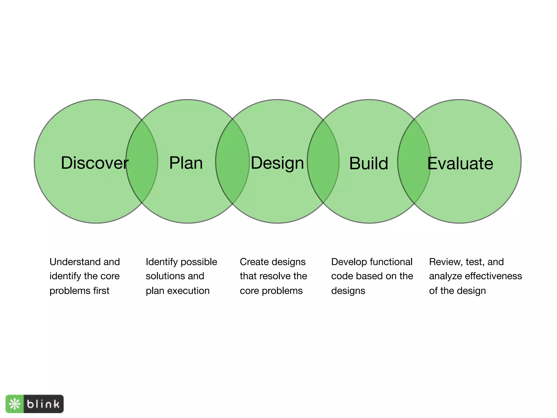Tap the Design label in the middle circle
tap(277, 163)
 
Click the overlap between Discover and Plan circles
tap(142, 161)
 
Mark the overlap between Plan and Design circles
tap(233, 161)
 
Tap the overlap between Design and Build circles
tap(323, 161)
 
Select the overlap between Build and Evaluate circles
tap(414, 161)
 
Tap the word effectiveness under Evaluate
tap(493, 276)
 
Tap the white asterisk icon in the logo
tap(15, 404)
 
